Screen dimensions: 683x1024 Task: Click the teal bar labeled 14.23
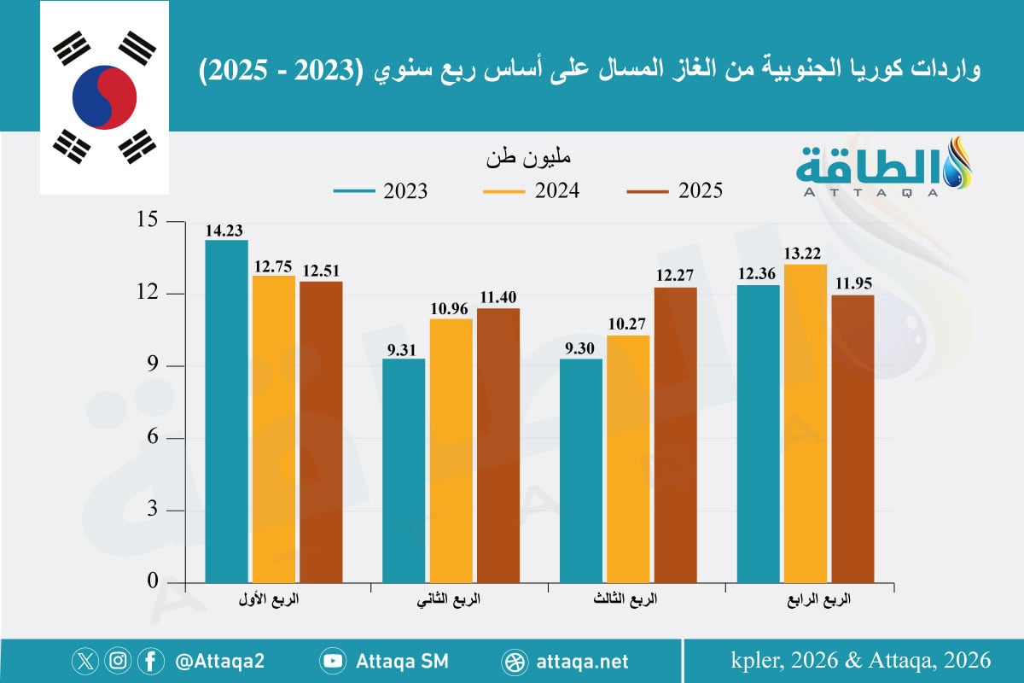point(226,411)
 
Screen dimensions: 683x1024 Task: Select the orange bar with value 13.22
point(806,423)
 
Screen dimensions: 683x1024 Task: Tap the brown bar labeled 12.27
point(675,435)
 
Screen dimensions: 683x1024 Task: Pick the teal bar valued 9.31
point(404,470)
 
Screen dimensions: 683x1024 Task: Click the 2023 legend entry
point(380,191)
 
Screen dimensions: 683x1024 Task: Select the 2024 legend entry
point(531,191)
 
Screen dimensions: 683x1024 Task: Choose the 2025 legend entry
point(674,191)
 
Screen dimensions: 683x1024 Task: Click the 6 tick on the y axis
point(154,438)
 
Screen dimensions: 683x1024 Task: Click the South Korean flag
point(104,97)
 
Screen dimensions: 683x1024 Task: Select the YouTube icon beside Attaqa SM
point(333,661)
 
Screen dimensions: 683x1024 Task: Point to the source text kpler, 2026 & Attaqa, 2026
point(861,660)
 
